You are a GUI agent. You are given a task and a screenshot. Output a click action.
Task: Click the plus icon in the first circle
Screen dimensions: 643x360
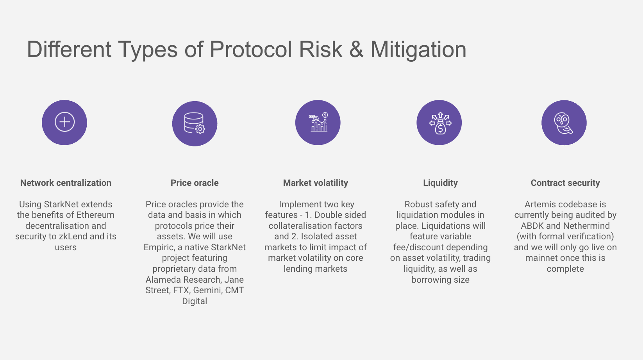pyautogui.click(x=64, y=122)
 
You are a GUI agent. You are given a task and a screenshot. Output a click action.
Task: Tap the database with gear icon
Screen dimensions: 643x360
pyautogui.click(x=194, y=123)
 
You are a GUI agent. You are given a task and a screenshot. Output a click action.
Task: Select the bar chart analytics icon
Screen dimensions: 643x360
pyautogui.click(x=318, y=122)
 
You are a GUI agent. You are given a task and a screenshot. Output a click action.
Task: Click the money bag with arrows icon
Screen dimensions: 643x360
pyautogui.click(x=440, y=123)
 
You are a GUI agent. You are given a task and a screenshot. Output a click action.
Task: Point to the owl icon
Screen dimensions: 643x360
pyautogui.click(x=563, y=123)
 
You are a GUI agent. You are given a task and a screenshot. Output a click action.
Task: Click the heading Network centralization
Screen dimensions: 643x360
pyautogui.click(x=66, y=183)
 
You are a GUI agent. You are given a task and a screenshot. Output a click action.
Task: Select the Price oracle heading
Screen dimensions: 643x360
pyautogui.click(x=195, y=183)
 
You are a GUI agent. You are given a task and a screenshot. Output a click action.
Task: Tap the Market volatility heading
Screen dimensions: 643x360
pyautogui.click(x=316, y=183)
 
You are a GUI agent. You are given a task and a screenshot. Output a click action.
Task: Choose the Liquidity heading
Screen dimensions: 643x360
pyautogui.click(x=440, y=183)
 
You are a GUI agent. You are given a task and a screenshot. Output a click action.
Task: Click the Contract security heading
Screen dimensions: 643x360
pyautogui.click(x=565, y=183)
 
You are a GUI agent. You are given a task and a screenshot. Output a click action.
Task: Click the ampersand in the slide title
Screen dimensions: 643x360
pyautogui.click(x=356, y=49)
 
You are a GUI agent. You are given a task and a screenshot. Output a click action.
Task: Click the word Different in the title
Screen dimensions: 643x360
pyautogui.click(x=69, y=49)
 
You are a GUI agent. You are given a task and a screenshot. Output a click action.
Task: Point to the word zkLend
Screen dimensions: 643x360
pyautogui.click(x=73, y=236)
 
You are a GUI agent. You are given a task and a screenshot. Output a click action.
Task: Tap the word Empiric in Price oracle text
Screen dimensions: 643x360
pyautogui.click(x=160, y=248)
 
